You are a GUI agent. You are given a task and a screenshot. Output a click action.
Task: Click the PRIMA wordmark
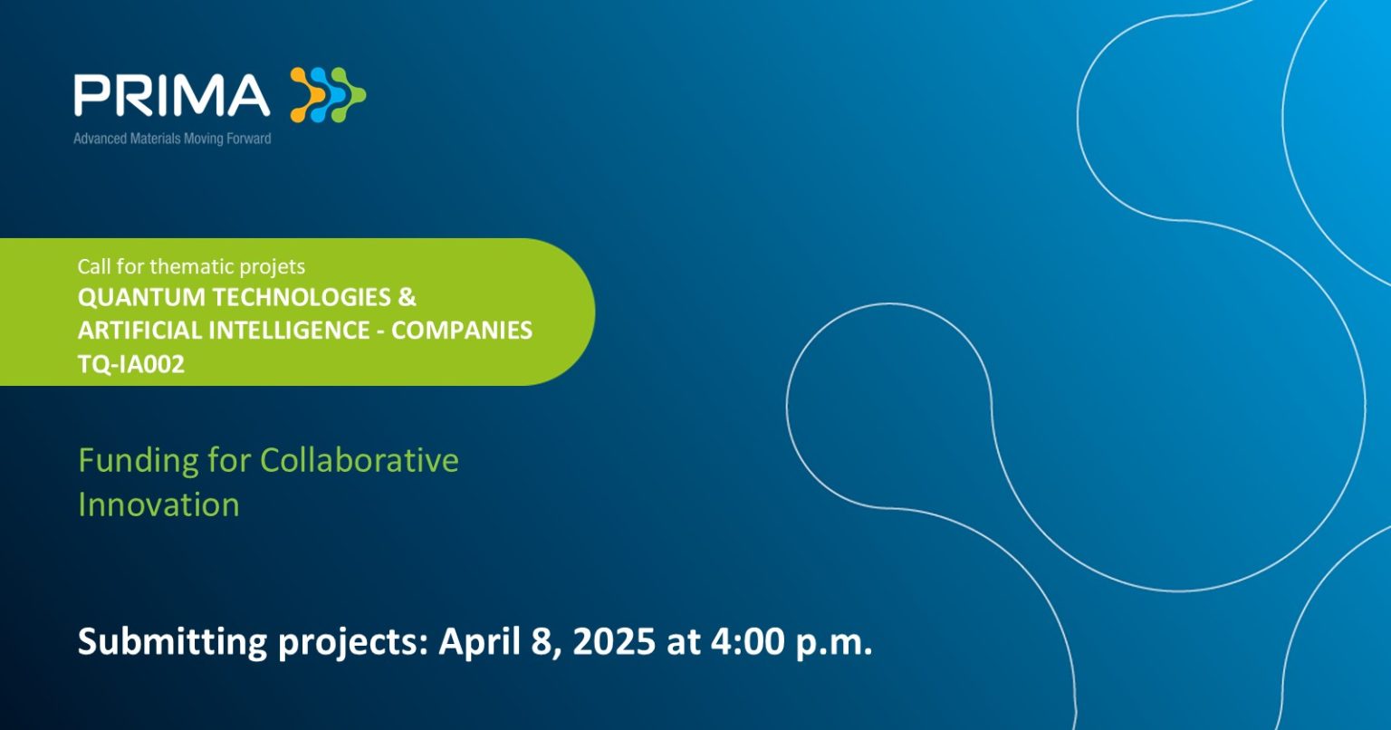172,95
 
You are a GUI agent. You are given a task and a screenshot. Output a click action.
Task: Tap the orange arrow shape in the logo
307,94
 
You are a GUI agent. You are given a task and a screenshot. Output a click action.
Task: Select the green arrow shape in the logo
349,94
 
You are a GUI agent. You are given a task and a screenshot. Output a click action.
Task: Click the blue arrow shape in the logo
328,94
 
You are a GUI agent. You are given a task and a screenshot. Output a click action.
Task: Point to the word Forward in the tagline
248,139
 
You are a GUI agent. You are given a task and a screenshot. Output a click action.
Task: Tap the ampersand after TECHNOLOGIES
407,297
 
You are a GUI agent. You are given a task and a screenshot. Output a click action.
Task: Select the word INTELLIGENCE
289,331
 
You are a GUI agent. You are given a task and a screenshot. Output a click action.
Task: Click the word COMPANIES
461,331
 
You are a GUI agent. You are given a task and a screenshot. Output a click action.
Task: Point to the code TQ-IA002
131,364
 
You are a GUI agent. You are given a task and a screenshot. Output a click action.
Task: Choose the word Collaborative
359,460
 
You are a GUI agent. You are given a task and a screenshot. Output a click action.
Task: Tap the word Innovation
158,504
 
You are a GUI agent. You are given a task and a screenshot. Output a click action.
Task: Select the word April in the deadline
479,643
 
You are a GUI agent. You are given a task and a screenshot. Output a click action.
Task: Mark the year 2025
613,642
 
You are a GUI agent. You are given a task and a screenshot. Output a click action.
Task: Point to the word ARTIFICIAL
139,331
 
